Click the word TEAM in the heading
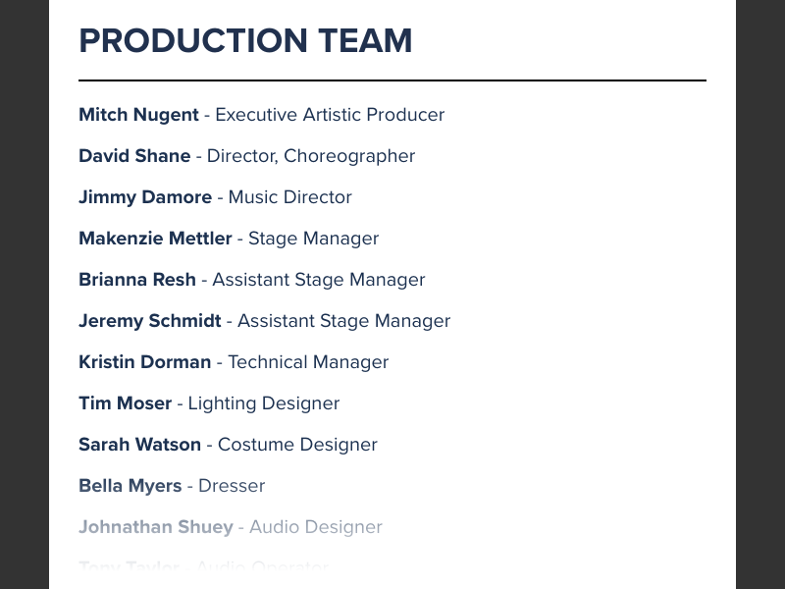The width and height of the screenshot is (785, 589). click(x=365, y=41)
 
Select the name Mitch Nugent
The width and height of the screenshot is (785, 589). click(x=138, y=115)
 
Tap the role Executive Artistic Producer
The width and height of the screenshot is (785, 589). click(x=330, y=115)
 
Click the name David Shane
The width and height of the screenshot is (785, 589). click(x=134, y=156)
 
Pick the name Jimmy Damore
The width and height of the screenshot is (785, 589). click(x=145, y=197)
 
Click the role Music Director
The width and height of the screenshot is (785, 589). click(x=289, y=197)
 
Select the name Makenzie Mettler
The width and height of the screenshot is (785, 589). click(x=155, y=239)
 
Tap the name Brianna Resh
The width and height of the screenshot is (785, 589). click(x=137, y=280)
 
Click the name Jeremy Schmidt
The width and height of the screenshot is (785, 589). click(x=150, y=321)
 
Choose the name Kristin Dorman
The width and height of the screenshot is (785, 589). click(x=144, y=362)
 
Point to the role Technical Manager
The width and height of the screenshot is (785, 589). click(x=308, y=362)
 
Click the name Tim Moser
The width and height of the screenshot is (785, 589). click(x=125, y=403)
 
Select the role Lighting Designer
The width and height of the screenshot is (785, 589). click(x=264, y=403)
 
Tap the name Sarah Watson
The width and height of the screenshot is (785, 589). click(x=139, y=445)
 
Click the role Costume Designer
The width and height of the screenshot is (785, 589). click(x=297, y=445)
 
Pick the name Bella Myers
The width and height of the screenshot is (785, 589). click(x=130, y=486)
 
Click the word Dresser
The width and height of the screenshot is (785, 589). click(x=232, y=486)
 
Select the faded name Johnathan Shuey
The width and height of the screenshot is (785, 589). click(x=155, y=527)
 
